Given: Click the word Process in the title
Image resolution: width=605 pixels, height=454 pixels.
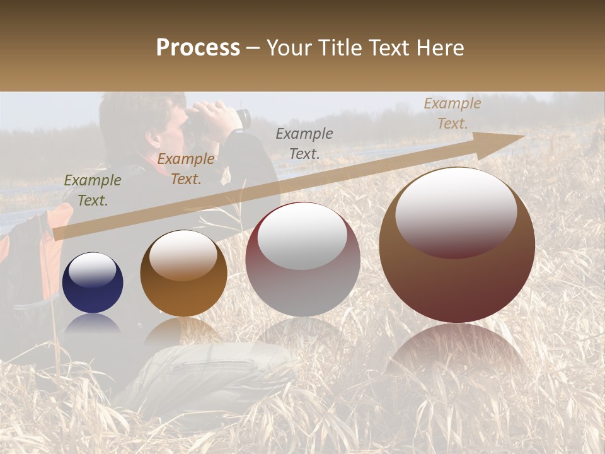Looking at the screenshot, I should [198, 48].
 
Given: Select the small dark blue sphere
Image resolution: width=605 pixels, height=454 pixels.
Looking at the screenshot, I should [93, 282].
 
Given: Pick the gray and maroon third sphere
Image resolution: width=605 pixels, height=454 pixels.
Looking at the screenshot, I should [302, 260].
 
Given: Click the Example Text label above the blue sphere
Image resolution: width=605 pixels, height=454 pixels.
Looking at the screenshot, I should [93, 190].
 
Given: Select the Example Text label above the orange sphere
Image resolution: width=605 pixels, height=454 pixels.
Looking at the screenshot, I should [186, 169].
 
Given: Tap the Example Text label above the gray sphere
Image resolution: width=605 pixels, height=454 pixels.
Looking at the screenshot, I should [304, 144].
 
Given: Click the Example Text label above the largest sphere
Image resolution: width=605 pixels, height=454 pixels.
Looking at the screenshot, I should [452, 113].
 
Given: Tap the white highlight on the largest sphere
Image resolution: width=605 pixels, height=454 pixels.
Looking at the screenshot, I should [456, 213].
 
